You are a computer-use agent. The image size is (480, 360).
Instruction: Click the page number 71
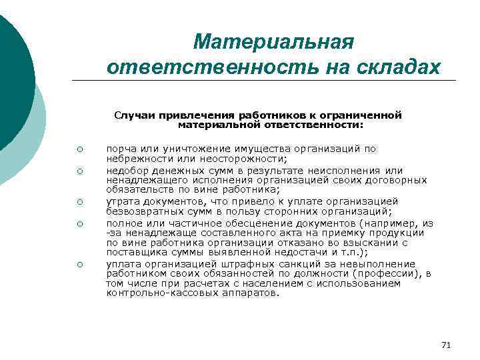446,345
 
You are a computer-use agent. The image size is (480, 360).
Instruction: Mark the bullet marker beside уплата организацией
79,265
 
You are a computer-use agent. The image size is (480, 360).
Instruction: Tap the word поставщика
134,253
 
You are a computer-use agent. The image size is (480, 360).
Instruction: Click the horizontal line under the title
267,81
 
